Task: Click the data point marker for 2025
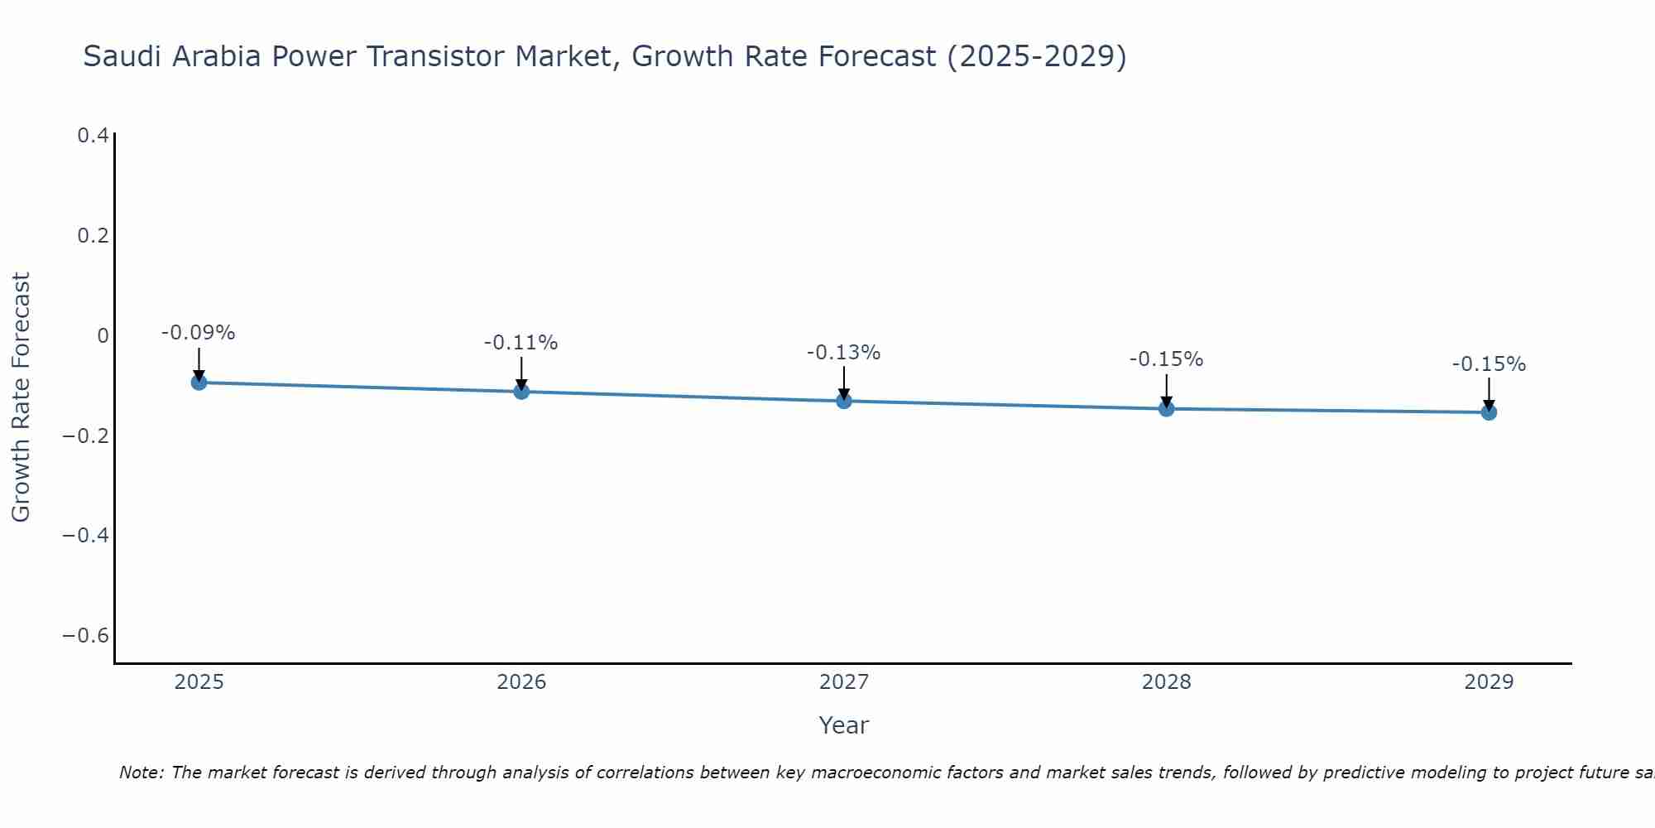click(199, 382)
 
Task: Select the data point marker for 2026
click(521, 391)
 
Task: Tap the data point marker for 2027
click(844, 401)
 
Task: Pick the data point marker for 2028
click(1167, 408)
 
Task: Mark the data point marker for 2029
click(1489, 412)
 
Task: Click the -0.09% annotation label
click(198, 333)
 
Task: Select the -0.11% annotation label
click(520, 343)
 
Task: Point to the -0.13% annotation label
click(843, 353)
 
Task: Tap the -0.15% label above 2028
click(1166, 359)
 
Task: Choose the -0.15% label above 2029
click(1489, 364)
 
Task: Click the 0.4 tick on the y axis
click(93, 135)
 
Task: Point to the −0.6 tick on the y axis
click(86, 636)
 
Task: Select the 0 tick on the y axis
click(103, 335)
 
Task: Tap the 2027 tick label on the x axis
click(844, 682)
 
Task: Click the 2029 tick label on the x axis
click(1489, 682)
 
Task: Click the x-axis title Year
click(843, 725)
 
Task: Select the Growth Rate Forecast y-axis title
click(21, 397)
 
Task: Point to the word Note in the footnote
click(141, 773)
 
